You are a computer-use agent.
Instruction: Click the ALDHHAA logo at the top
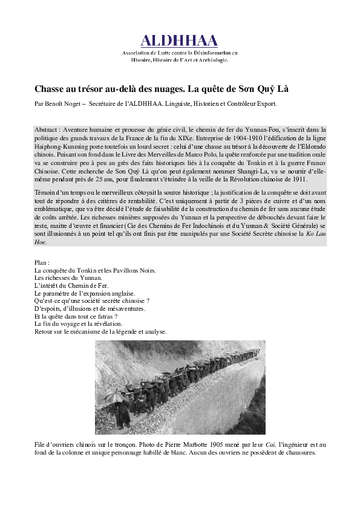[180, 41]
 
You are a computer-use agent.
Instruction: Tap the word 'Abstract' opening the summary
[46, 130]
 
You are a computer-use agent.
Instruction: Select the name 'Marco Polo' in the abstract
[178, 154]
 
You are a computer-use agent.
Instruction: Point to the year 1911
[299, 179]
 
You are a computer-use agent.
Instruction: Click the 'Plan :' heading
[42, 262]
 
